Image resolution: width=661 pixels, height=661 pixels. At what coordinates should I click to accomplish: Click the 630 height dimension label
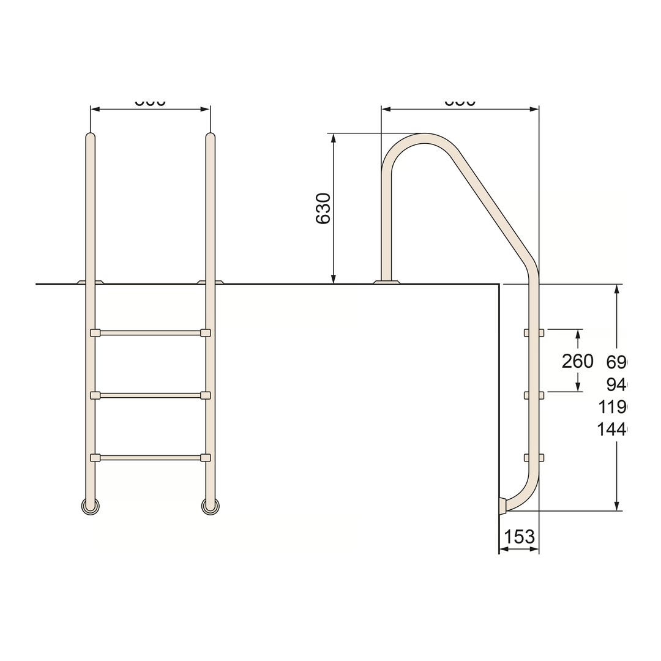323,209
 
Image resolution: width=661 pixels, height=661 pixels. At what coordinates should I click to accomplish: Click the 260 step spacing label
577,361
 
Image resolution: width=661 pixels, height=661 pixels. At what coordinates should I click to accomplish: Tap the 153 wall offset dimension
519,537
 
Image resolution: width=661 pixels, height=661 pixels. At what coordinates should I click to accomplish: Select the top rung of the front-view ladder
150,333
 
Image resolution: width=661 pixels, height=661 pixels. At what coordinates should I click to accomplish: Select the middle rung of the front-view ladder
150,395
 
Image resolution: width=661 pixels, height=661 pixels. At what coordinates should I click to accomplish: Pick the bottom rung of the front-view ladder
150,458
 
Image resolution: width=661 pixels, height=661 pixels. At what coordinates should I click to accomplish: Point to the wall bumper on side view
502,506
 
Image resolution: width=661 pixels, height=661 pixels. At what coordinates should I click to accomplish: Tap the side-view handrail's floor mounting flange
386,282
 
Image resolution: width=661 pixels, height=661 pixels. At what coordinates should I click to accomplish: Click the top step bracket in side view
534,333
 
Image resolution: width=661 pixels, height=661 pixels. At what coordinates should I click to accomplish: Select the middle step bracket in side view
534,395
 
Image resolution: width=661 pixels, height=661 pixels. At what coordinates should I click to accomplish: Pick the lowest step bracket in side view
534,458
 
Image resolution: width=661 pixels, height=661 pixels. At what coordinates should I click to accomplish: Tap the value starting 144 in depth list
612,430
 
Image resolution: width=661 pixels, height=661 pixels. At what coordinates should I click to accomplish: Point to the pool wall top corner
499,285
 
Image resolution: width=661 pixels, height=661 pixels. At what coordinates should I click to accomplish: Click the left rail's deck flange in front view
90,282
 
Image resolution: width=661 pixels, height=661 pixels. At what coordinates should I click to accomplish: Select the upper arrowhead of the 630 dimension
334,138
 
